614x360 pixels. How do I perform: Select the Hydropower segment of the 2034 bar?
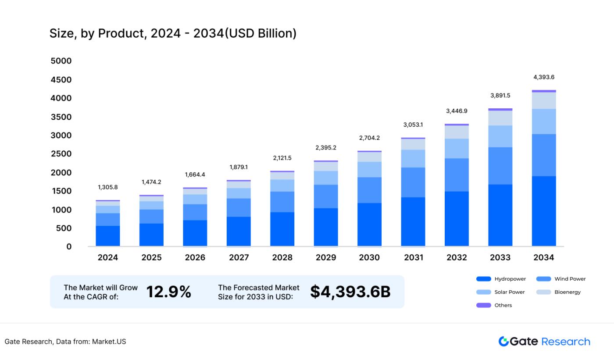pos(543,211)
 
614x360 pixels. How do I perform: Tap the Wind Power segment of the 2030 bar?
pos(369,190)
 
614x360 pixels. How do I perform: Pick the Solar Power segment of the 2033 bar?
pos(500,136)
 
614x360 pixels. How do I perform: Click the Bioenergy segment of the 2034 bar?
pos(543,100)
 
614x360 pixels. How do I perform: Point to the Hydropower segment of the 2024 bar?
pos(108,236)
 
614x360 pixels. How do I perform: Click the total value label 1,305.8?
pos(108,187)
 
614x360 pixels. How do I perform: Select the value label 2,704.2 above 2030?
pos(369,138)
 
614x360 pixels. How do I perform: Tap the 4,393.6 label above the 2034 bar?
pos(543,77)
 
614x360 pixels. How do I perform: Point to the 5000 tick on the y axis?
pos(61,61)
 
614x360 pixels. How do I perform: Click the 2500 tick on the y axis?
pos(61,154)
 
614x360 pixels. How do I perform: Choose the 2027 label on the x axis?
pos(239,258)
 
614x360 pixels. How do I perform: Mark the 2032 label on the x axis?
pos(457,258)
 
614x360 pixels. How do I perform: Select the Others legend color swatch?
pos(483,305)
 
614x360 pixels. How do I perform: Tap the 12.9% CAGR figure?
pos(168,292)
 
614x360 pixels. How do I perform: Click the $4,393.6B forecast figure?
pos(350,292)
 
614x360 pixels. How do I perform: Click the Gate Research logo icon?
pos(503,342)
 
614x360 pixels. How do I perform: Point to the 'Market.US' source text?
pos(109,342)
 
